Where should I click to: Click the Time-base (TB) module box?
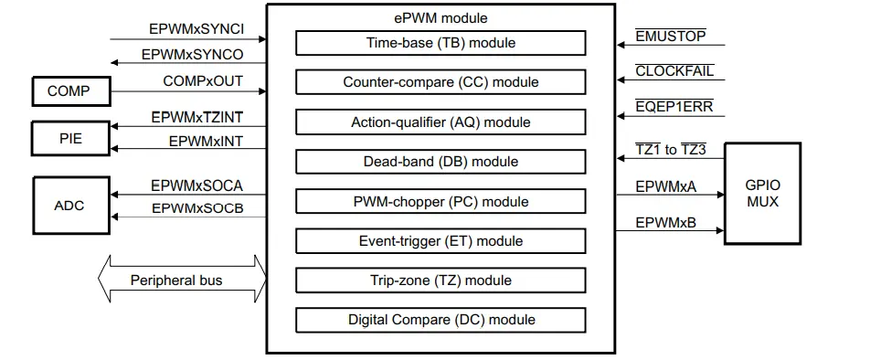pyautogui.click(x=440, y=43)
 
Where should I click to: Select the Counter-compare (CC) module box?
pyautogui.click(x=440, y=82)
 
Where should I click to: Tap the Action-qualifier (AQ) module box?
pyautogui.click(x=440, y=122)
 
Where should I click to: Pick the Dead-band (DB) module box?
pyautogui.click(x=440, y=162)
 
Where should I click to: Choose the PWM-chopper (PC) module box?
pyautogui.click(x=440, y=201)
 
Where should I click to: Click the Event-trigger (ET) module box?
pyautogui.click(x=440, y=241)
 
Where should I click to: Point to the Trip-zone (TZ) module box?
pyautogui.click(x=440, y=281)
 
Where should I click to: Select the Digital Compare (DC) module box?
pyautogui.click(x=440, y=320)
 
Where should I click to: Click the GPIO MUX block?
pyautogui.click(x=762, y=194)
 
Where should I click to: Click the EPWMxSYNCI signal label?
pyautogui.click(x=196, y=28)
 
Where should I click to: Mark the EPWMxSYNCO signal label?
pyautogui.click(x=192, y=55)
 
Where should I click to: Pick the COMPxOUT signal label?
pyautogui.click(x=203, y=81)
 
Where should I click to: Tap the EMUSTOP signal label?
pyautogui.click(x=673, y=37)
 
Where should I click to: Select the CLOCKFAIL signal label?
pyautogui.click(x=674, y=71)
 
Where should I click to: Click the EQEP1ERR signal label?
pyautogui.click(x=674, y=107)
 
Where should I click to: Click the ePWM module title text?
pyautogui.click(x=440, y=18)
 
